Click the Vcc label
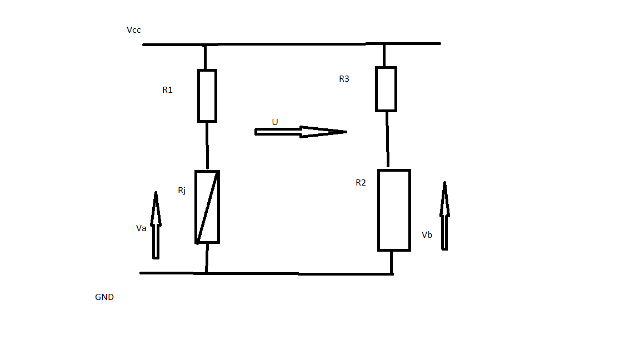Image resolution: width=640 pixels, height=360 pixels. tap(134, 29)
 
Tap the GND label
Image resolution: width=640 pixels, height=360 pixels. tap(104, 297)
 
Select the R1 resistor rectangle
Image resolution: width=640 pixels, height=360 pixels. tap(207, 96)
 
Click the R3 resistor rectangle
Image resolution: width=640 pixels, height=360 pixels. tap(386, 89)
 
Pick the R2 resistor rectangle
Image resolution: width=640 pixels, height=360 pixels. tap(394, 210)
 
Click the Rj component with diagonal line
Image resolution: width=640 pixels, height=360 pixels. tap(207, 207)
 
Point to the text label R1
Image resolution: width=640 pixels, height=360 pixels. tap(167, 89)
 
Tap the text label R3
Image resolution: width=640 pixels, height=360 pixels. tap(344, 79)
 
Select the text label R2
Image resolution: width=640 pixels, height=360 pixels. tap(361, 183)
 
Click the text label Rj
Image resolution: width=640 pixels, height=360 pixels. tap(182, 191)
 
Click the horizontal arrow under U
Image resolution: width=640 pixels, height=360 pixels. tap(300, 132)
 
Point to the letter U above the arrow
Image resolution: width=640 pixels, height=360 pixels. tap(274, 122)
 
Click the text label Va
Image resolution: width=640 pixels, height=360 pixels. tap(141, 228)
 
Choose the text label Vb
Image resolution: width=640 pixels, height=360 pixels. tap(427, 235)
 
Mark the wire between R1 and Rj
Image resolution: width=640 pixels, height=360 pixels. tap(207, 146)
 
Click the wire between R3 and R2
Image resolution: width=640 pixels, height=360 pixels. tap(387, 139)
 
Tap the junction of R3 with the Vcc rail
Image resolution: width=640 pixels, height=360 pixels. tap(384, 44)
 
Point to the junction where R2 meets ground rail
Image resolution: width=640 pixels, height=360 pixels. tap(392, 273)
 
